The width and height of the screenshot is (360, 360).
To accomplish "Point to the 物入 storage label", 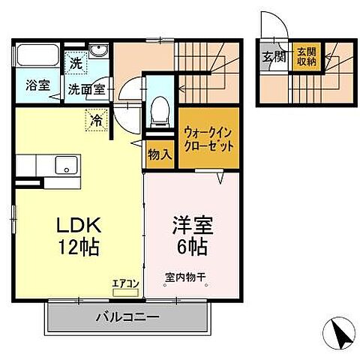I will click(160, 154).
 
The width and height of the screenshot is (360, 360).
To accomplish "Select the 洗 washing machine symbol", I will click(76, 64).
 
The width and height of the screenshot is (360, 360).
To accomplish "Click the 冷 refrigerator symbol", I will click(97, 118).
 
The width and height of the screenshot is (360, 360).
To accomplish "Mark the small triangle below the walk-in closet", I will click(221, 178).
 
